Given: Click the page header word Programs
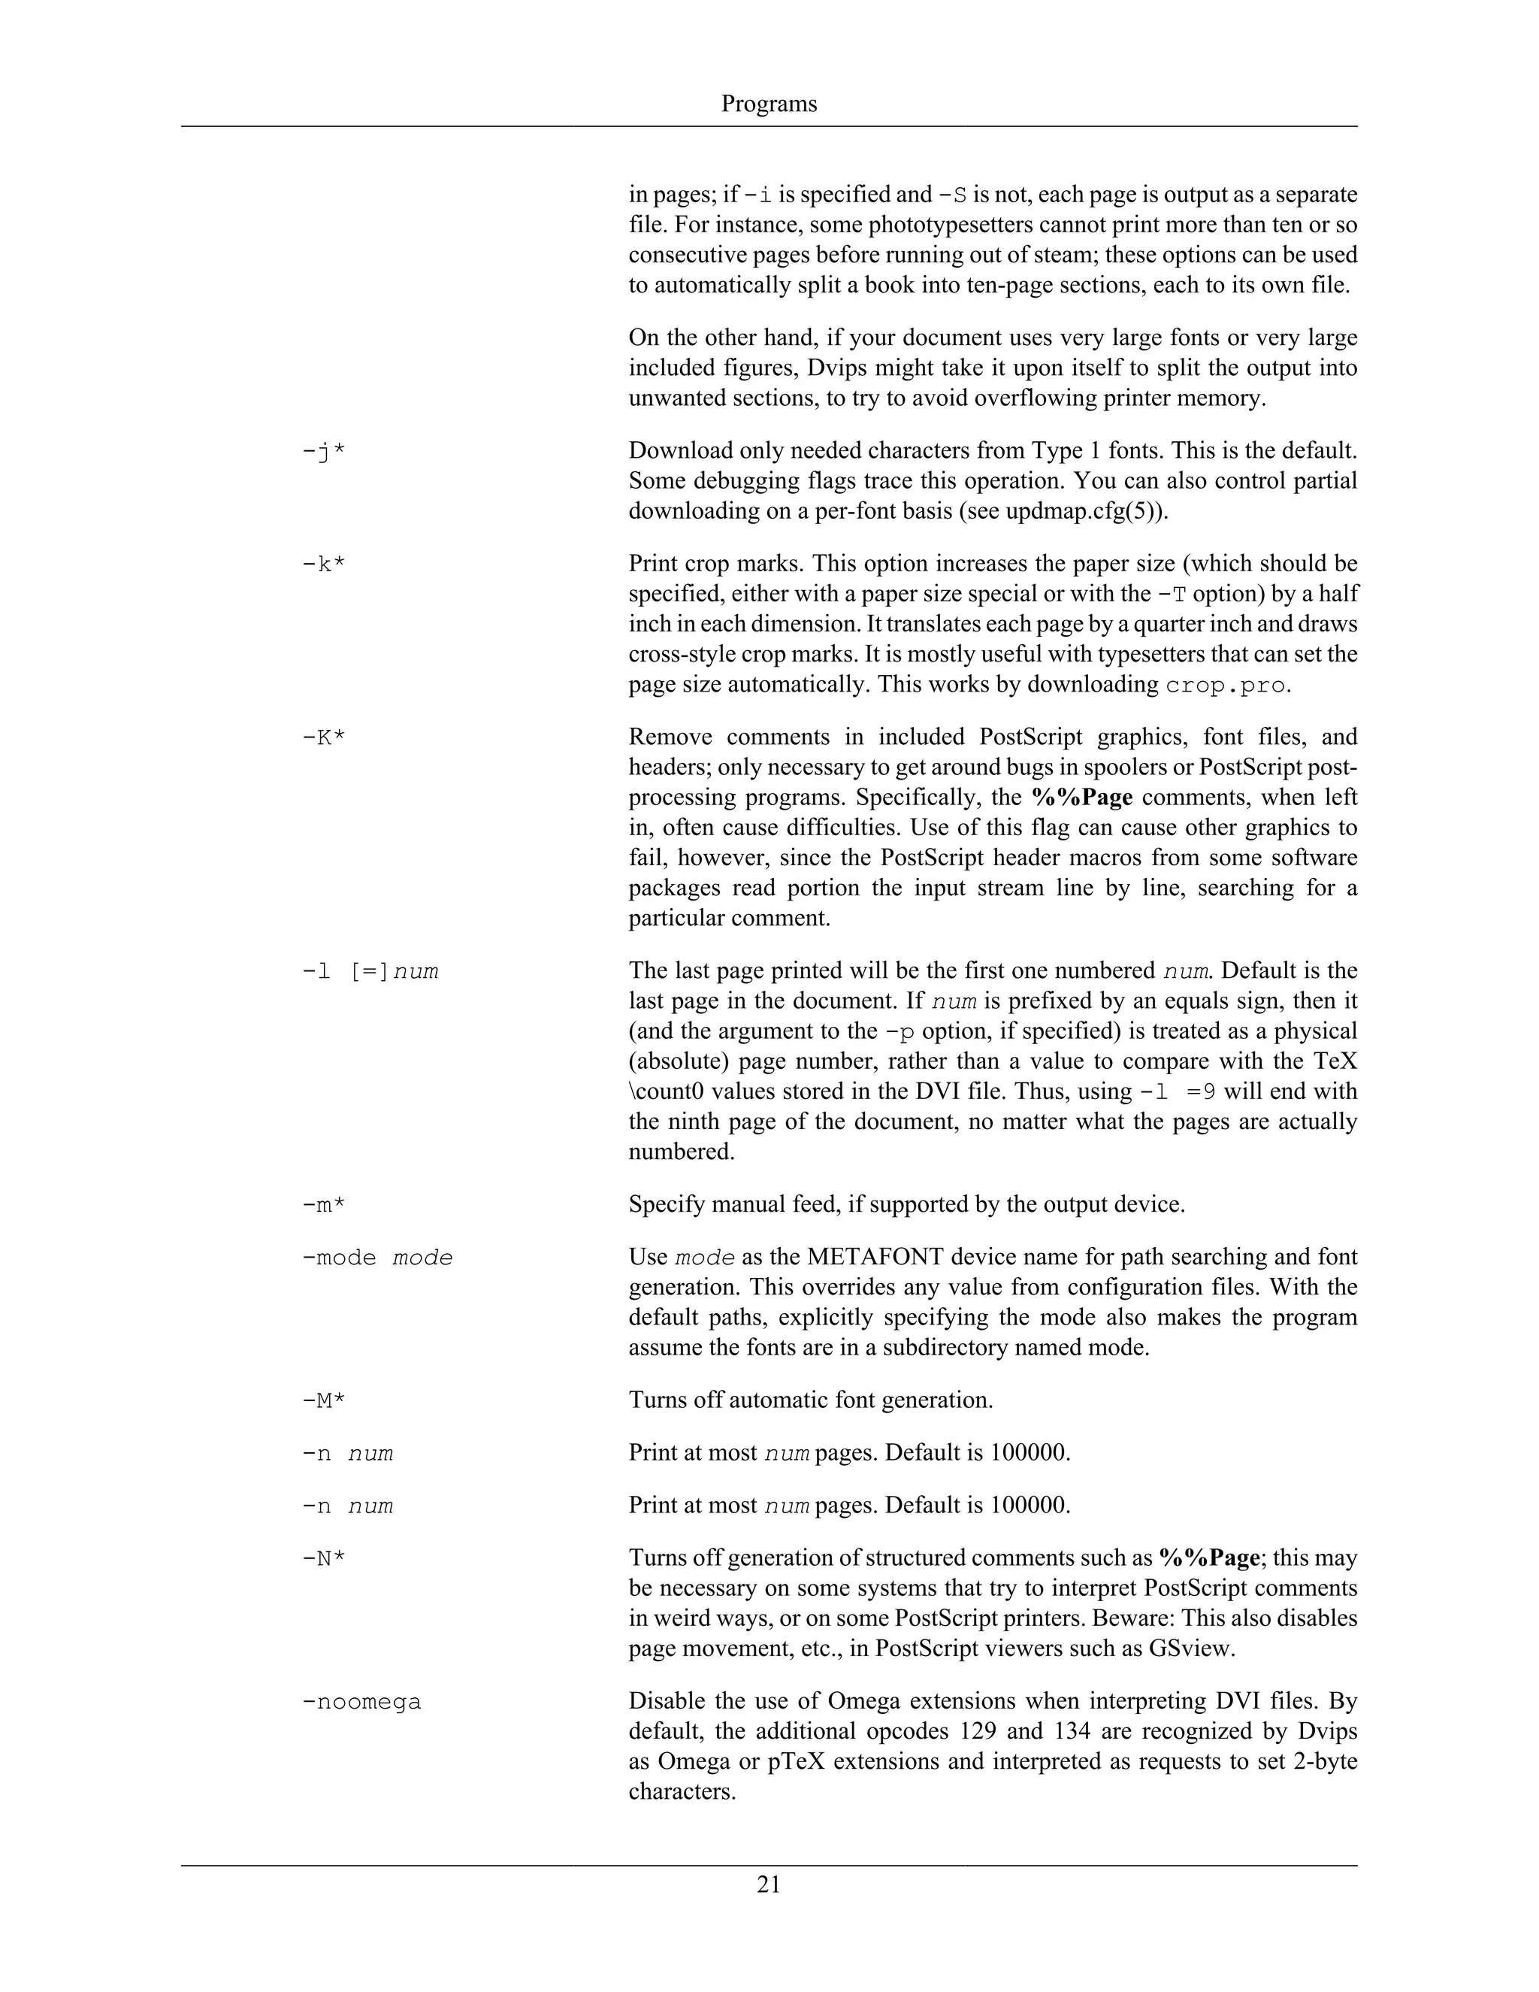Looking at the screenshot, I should point(769,104).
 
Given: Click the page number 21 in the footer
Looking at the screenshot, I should point(769,1885).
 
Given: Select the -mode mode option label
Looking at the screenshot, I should point(376,1258).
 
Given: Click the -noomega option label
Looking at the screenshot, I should point(361,1702).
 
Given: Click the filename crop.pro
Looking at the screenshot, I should point(1226,685).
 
